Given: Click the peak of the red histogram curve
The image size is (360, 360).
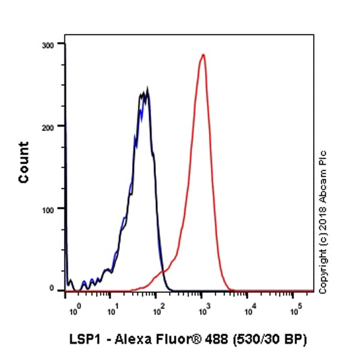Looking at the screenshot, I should [x=203, y=55].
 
